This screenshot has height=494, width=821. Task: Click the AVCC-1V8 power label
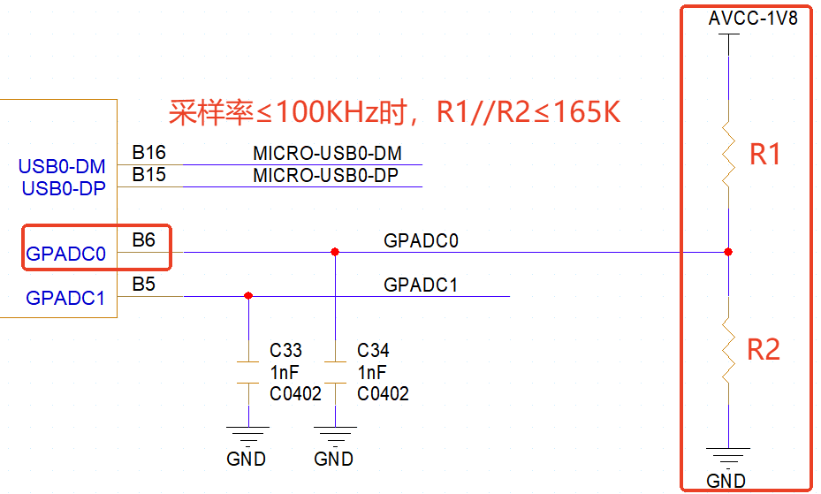click(x=753, y=19)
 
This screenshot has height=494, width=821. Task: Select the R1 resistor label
click(x=765, y=156)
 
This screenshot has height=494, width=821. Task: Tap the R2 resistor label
click(x=764, y=350)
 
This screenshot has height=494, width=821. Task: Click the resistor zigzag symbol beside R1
click(x=727, y=156)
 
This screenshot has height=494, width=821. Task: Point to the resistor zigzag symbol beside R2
click(x=727, y=350)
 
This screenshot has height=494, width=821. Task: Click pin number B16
click(x=148, y=153)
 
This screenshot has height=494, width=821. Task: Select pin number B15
click(x=148, y=174)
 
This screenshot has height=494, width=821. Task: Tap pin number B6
click(x=143, y=239)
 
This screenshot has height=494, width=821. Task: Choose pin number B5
click(x=143, y=285)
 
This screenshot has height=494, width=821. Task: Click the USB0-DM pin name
click(x=62, y=166)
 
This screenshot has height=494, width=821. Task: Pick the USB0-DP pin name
click(x=63, y=188)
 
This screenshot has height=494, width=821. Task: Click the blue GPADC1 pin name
click(x=65, y=299)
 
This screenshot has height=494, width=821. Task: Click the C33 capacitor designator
click(x=286, y=351)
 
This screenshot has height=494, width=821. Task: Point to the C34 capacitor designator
click(x=374, y=351)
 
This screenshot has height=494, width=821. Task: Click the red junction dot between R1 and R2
click(x=727, y=252)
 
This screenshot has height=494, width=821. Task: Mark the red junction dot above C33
click(x=248, y=296)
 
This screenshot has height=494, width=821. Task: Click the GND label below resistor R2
click(x=726, y=482)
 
